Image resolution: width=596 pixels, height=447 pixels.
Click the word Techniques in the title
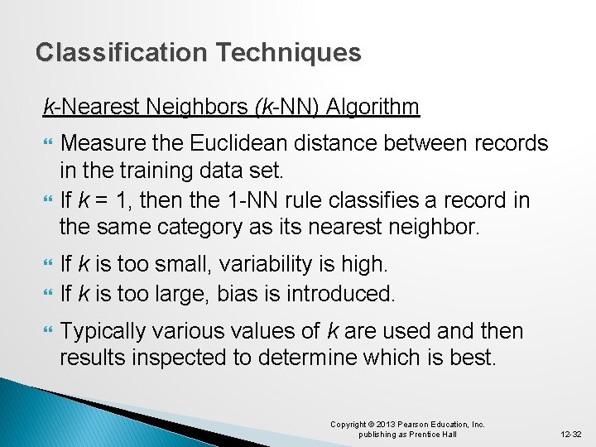pos(288,53)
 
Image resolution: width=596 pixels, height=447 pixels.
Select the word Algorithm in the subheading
pos(372,107)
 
